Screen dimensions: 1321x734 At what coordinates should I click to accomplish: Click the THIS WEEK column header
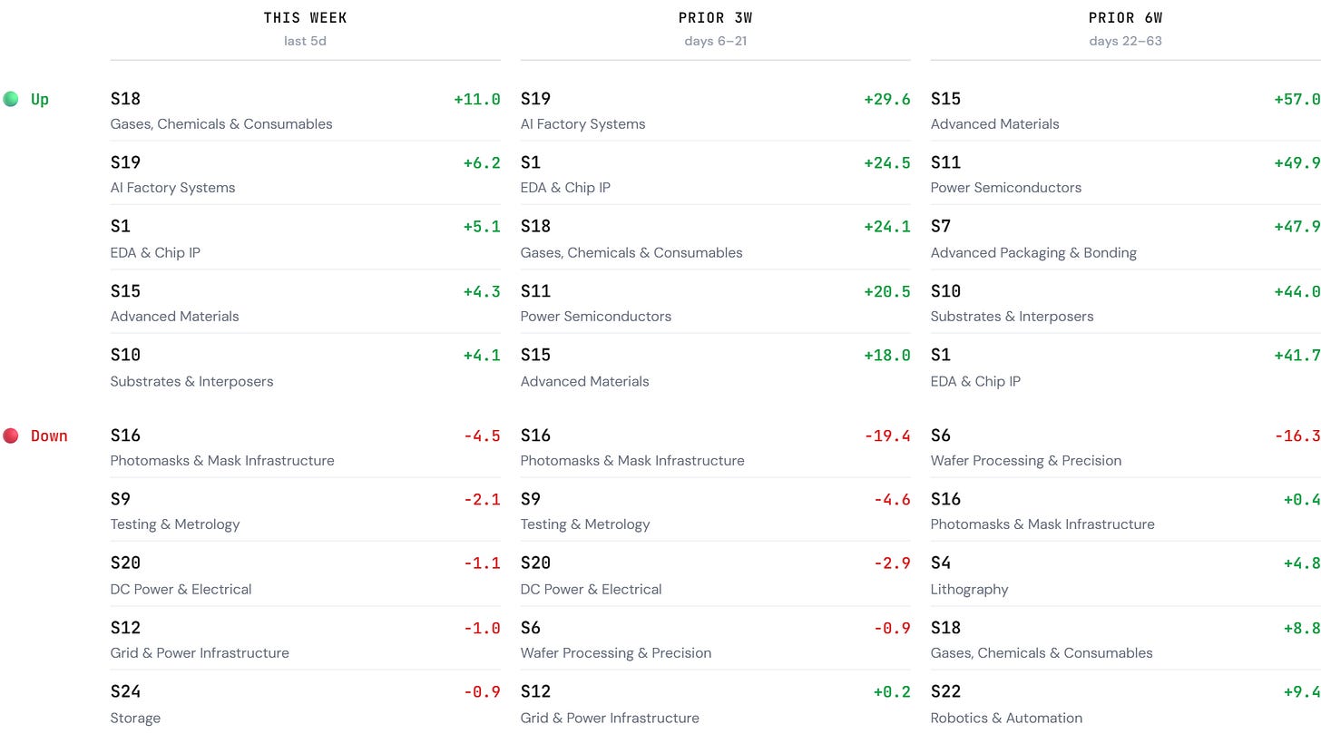[x=305, y=17]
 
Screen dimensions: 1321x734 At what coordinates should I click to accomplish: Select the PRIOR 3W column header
[x=715, y=17]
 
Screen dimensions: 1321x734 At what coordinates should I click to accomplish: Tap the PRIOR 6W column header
[x=1125, y=17]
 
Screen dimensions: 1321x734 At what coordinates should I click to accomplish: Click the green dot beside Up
[x=11, y=99]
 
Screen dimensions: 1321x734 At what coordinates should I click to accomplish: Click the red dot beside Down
[x=11, y=436]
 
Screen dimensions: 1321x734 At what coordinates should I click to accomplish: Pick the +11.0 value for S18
[x=477, y=99]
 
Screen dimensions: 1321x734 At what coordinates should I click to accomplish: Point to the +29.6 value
[x=887, y=99]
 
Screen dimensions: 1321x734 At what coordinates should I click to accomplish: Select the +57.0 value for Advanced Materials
[x=1297, y=99]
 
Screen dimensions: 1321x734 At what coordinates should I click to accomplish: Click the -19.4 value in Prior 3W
[x=887, y=436]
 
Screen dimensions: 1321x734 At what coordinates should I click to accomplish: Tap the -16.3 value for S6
[x=1298, y=436]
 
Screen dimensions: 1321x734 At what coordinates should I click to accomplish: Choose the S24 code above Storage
[x=125, y=691]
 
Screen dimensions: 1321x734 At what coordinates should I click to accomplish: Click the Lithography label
[x=970, y=589]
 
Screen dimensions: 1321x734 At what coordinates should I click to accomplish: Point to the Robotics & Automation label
[x=1007, y=718]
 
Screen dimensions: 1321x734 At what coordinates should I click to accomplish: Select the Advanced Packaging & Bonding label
[x=1033, y=252]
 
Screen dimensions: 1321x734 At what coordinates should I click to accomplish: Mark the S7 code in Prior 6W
[x=941, y=226]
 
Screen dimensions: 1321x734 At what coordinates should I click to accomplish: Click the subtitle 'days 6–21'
[x=715, y=41]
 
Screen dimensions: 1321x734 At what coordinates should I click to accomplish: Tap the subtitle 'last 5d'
[x=305, y=41]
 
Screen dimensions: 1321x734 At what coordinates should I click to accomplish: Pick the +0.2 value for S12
[x=892, y=691]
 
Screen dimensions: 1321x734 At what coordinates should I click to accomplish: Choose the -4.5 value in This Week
[x=482, y=436]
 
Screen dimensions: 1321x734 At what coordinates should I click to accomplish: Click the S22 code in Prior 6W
[x=946, y=691]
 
